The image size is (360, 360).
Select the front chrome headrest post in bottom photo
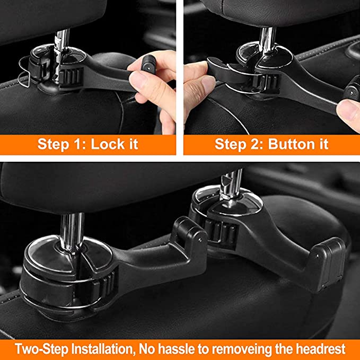(69, 229)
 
